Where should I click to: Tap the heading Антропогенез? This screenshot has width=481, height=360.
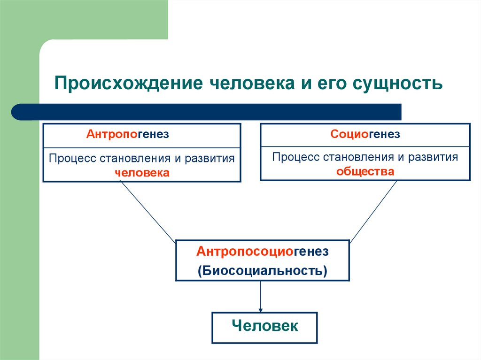[127, 135]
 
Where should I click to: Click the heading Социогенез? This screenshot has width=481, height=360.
[365, 135]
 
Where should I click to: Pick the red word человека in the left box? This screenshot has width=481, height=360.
[142, 173]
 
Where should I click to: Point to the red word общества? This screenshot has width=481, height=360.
[365, 171]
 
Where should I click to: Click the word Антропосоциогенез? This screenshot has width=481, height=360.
[263, 252]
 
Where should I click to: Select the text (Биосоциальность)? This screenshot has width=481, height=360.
[263, 271]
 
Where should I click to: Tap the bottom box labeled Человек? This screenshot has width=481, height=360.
[264, 326]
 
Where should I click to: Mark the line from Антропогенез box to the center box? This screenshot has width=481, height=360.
[147, 211]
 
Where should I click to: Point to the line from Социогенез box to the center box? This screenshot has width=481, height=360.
[373, 211]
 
